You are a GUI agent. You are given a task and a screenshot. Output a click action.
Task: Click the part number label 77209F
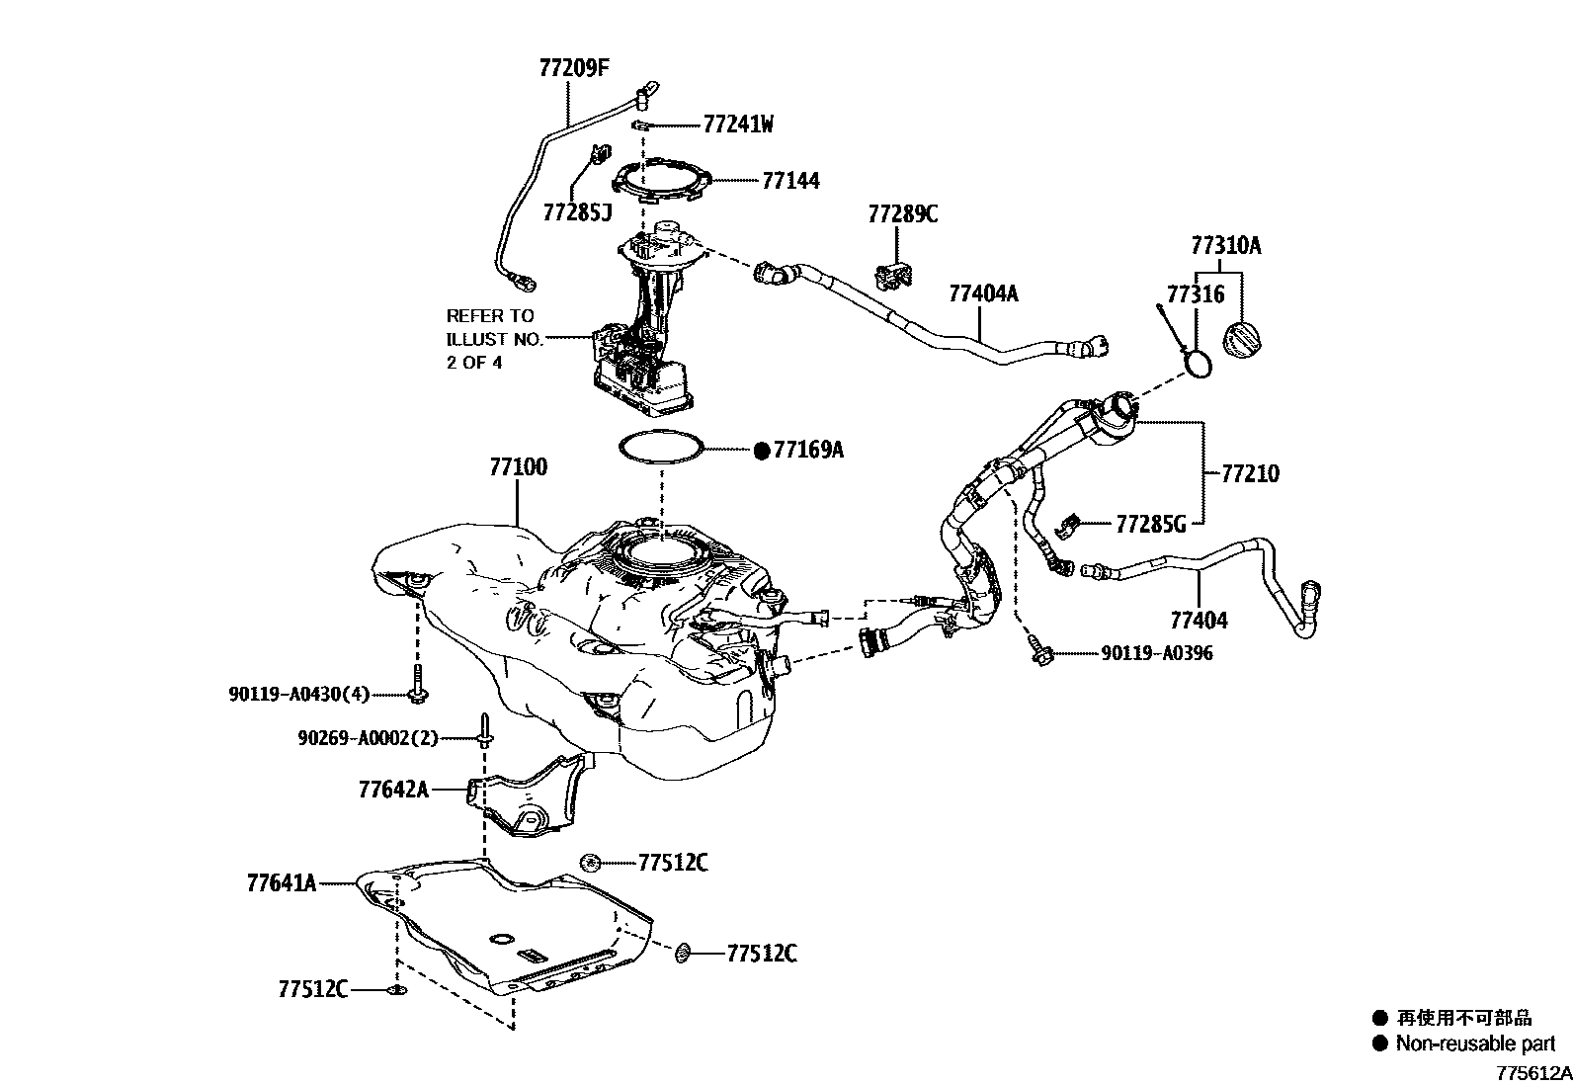(574, 68)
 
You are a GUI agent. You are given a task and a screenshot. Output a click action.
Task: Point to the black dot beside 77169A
(761, 451)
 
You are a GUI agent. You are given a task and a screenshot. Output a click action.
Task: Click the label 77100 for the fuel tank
(517, 467)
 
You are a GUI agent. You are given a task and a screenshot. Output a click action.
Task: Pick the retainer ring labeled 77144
(662, 182)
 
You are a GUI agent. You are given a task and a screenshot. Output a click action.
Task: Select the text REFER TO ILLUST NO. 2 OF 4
(494, 339)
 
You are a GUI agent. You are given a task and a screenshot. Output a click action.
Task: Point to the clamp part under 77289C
(892, 276)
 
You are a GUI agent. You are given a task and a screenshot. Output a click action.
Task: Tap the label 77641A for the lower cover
(282, 882)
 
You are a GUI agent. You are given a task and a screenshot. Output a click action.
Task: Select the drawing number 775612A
(1532, 1072)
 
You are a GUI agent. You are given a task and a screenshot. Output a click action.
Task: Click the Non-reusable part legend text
(1474, 1044)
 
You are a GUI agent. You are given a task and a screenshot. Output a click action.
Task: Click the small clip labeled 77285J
(598, 156)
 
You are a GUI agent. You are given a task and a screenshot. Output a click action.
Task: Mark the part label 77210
(1250, 474)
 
